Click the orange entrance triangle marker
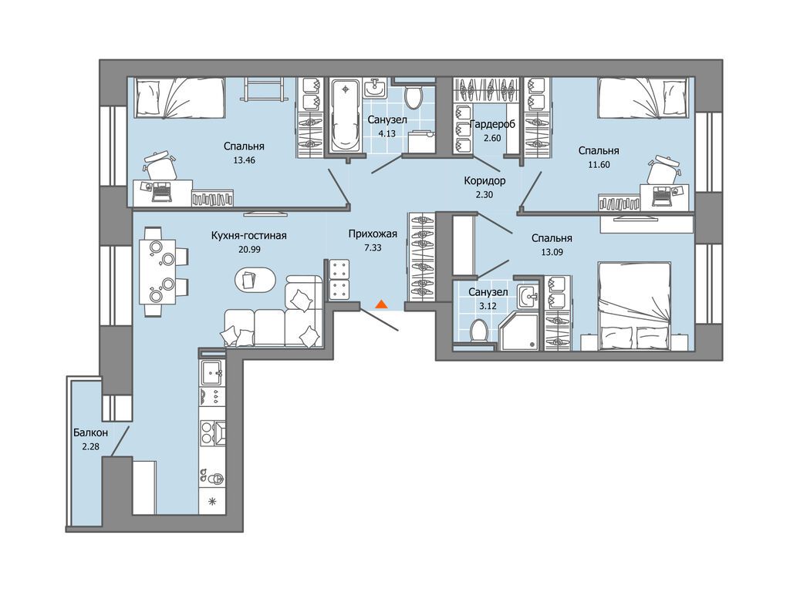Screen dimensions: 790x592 point(381,304)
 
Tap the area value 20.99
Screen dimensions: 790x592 point(249,249)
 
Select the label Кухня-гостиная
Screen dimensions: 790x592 point(249,236)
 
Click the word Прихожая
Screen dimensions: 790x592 point(373,234)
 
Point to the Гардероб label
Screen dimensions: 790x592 point(493,124)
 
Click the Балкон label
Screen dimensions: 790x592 point(91,432)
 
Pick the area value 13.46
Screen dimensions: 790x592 point(245,160)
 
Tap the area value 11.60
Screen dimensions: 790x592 point(599,164)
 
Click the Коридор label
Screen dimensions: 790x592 point(484,180)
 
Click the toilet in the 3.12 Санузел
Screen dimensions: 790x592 point(478,331)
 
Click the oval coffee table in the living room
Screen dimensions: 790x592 point(255,279)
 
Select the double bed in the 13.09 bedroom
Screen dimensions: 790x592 point(634,305)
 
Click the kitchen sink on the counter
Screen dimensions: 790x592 point(212,372)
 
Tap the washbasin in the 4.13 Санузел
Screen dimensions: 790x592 point(374,89)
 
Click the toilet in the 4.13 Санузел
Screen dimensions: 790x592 point(414,96)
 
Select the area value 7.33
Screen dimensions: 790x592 point(373,247)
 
